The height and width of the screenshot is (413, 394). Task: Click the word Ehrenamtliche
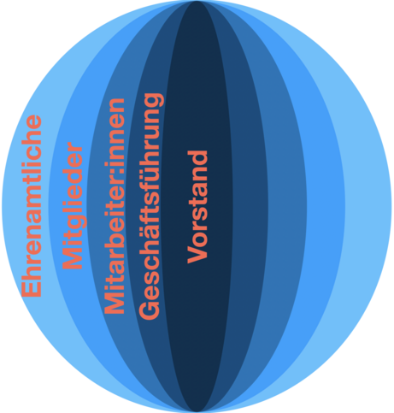(x=32, y=206)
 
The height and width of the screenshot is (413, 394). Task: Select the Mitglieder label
(x=73, y=205)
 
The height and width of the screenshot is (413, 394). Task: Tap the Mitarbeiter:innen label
(x=115, y=206)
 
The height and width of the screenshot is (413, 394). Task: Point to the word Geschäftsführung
(x=150, y=206)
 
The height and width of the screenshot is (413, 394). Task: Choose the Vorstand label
(x=197, y=207)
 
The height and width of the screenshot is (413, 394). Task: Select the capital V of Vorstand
(x=197, y=254)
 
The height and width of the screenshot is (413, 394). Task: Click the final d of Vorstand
(x=197, y=157)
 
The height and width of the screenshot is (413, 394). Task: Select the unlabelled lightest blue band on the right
(x=368, y=206)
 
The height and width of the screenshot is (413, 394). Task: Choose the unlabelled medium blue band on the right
(x=285, y=206)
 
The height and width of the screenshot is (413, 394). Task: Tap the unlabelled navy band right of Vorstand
(x=249, y=206)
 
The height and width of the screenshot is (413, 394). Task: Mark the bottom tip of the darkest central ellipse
(x=197, y=412)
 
